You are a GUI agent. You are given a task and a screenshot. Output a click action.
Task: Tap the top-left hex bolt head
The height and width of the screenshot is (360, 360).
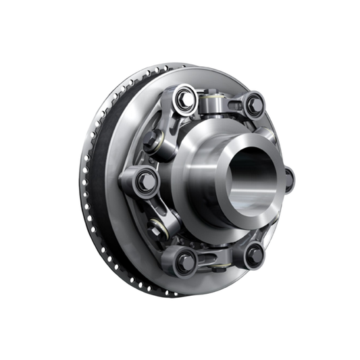pyautogui.click(x=183, y=99)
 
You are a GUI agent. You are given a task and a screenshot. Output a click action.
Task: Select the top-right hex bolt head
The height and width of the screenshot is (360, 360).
pyautogui.click(x=253, y=105)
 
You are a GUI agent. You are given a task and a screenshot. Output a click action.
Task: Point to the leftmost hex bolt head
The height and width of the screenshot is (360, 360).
pyautogui.click(x=144, y=180)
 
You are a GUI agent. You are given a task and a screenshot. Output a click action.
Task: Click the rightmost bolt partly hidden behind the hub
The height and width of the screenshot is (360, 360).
pyautogui.click(x=289, y=179)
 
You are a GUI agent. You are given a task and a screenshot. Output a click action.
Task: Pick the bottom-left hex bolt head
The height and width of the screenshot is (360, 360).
pyautogui.click(x=184, y=260)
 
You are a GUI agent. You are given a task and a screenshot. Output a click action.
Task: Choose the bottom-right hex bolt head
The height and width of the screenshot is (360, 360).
pyautogui.click(x=254, y=254)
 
